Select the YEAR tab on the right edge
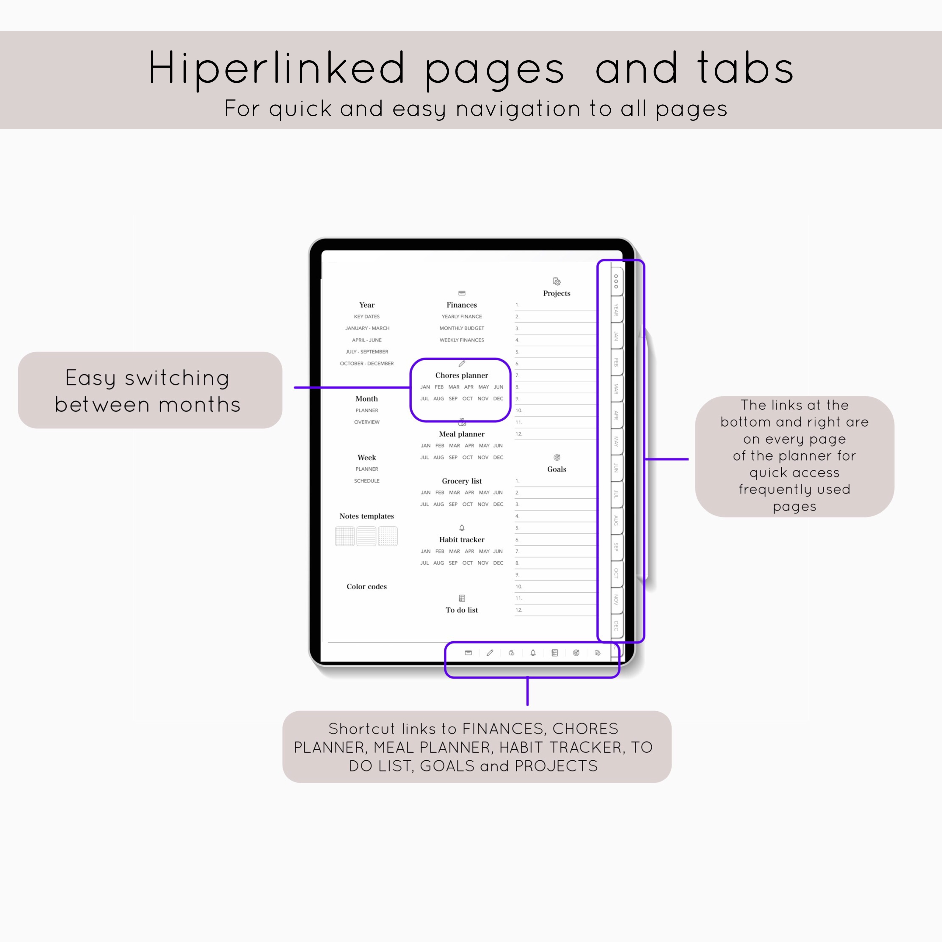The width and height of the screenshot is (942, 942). [x=616, y=309]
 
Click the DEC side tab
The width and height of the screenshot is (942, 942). [x=616, y=626]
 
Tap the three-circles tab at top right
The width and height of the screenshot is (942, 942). [x=616, y=281]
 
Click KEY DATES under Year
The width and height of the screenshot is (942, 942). [x=367, y=316]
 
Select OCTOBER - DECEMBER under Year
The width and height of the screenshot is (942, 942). [x=367, y=363]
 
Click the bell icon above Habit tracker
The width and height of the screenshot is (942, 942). [x=462, y=528]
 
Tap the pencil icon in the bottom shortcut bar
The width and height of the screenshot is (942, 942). [x=490, y=653]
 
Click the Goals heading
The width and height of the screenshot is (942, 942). [x=556, y=469]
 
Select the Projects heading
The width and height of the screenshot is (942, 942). [x=556, y=293]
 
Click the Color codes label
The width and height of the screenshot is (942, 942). [x=367, y=587]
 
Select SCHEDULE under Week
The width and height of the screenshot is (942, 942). [x=367, y=481]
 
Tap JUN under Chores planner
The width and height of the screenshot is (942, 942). [x=498, y=387]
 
